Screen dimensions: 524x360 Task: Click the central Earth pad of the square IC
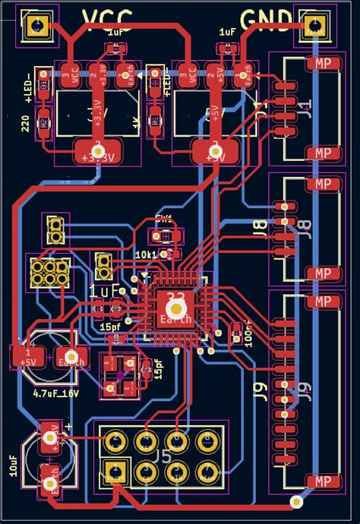(x=175, y=306)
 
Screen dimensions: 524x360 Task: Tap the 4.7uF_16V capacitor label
(x=55, y=393)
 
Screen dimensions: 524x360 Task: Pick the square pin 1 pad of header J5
(x=115, y=472)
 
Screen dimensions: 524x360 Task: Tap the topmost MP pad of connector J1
(x=324, y=64)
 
